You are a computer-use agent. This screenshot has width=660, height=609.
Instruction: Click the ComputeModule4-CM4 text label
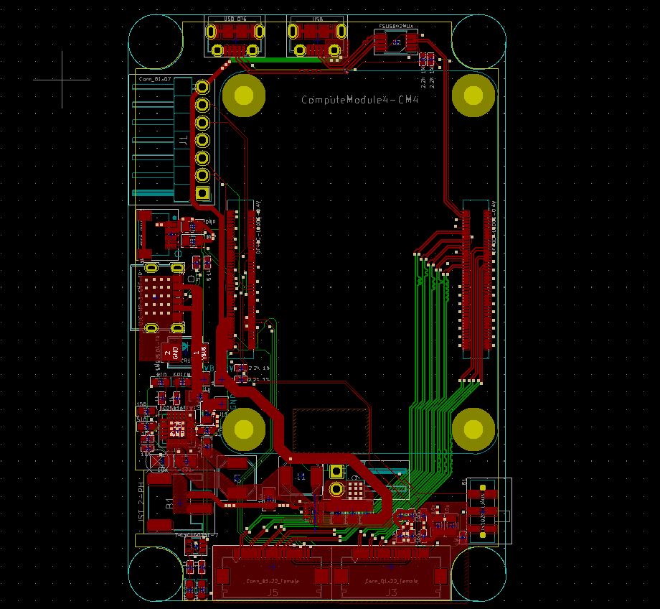(359, 100)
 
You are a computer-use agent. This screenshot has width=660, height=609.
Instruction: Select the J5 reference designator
(273, 592)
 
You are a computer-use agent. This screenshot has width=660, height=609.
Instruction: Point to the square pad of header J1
(203, 193)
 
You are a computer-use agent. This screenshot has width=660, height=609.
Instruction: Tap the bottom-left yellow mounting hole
(244, 429)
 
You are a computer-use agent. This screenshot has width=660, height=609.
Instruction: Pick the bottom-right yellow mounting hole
(473, 429)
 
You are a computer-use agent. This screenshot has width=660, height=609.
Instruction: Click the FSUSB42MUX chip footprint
(396, 42)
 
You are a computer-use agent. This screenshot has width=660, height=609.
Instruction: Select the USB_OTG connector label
(235, 19)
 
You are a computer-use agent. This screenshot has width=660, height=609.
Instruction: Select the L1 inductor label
(300, 477)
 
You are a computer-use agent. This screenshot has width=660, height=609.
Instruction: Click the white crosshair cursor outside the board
(62, 80)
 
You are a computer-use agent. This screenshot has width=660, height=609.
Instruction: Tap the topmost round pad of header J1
(203, 87)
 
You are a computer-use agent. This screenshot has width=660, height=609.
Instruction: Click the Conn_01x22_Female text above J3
(391, 580)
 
